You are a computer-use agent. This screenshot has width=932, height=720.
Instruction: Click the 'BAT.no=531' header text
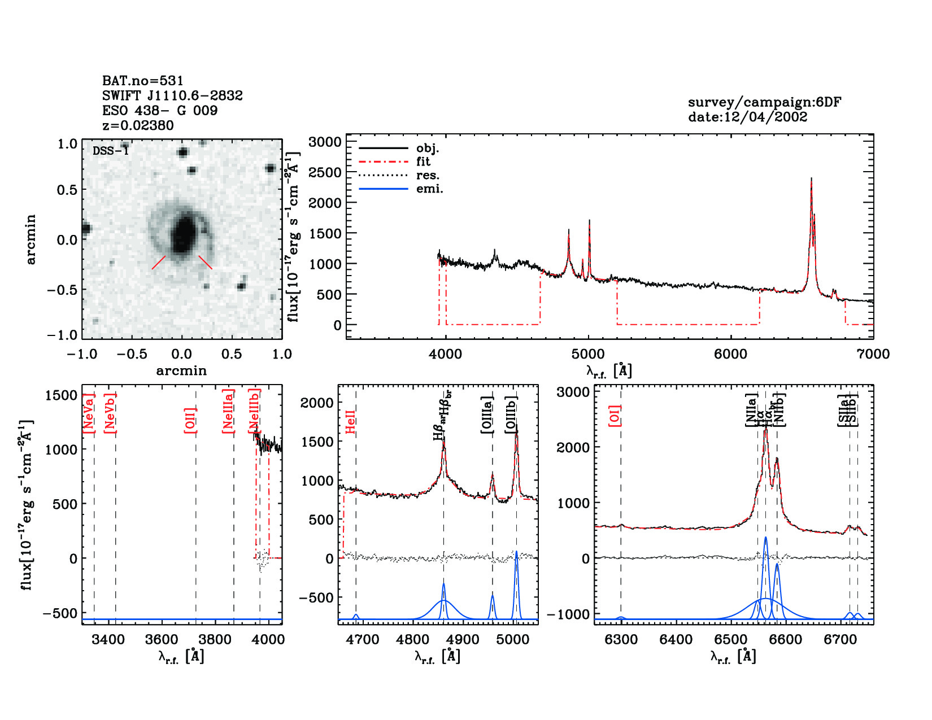(x=142, y=81)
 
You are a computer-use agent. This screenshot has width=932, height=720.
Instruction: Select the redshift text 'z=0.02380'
(x=138, y=125)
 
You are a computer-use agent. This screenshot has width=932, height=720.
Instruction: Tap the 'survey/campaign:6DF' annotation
(x=764, y=102)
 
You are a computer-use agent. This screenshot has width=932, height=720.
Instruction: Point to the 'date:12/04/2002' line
(x=747, y=117)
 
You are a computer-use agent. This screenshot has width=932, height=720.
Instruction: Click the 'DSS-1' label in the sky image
(x=111, y=151)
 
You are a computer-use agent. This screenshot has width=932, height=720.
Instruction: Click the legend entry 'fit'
(x=423, y=162)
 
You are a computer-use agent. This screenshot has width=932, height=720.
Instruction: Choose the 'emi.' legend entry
(x=429, y=189)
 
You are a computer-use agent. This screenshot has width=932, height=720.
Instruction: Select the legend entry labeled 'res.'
(x=428, y=175)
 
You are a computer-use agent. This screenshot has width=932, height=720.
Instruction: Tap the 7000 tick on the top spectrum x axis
(x=873, y=354)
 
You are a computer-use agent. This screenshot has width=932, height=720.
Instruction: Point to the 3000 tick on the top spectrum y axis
(x=325, y=142)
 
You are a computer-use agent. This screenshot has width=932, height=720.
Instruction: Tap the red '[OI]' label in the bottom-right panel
(x=615, y=415)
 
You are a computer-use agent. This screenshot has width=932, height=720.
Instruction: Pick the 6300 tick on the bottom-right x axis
(x=621, y=640)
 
